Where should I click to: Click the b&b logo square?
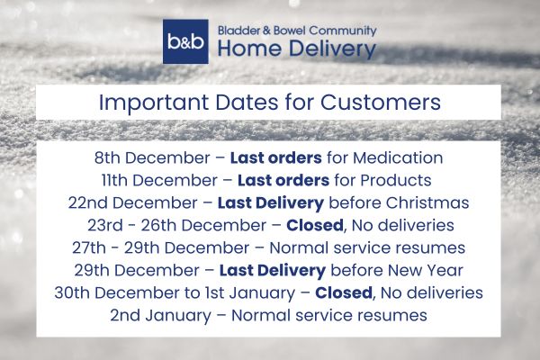[186, 42]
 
